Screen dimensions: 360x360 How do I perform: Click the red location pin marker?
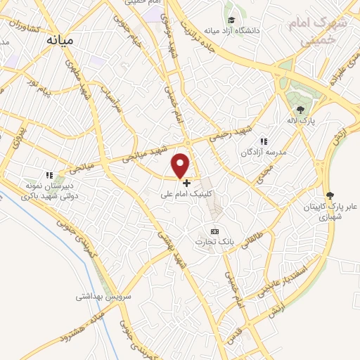click(x=181, y=165)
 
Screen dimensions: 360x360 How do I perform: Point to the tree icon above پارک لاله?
click(x=301, y=109)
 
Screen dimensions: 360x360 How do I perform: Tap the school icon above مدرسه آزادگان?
click(x=264, y=141)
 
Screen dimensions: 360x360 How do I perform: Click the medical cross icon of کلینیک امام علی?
click(x=186, y=183)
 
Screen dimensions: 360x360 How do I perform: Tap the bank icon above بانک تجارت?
click(x=215, y=231)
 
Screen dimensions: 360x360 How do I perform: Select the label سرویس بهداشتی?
click(x=105, y=298)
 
